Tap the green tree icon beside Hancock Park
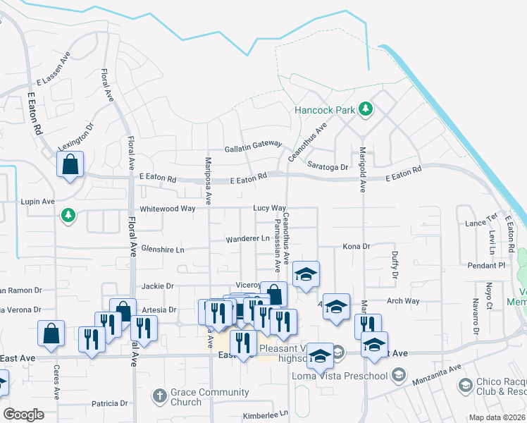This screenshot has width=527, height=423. [366, 109]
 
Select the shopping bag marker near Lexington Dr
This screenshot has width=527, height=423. [70, 165]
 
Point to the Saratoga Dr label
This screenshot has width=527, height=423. [328, 167]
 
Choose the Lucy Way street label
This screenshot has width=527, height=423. [270, 209]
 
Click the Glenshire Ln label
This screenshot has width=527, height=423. [163, 250]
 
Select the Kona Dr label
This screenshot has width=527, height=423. [356, 247]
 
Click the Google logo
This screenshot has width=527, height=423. [23, 415]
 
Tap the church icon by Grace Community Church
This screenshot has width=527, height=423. [160, 397]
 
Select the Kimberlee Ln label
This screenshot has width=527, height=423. [266, 415]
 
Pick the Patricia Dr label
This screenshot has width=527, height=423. [110, 404]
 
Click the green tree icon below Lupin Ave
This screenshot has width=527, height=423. [68, 215]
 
